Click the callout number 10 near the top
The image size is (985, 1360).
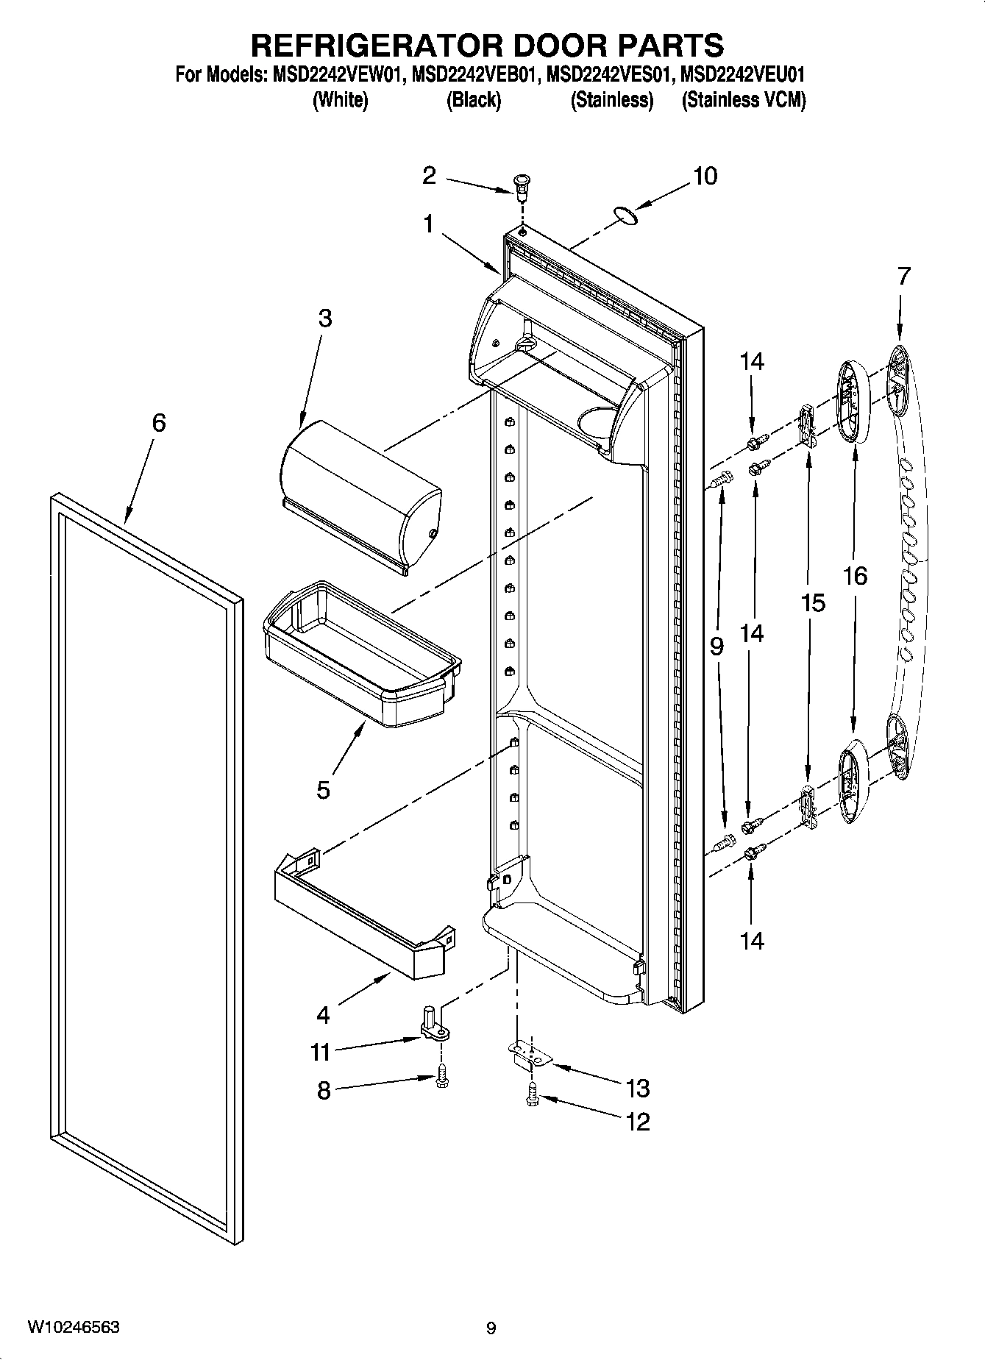tap(704, 177)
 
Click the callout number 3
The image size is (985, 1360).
tap(324, 318)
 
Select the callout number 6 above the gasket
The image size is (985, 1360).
tap(159, 423)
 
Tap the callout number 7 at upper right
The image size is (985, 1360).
tap(903, 277)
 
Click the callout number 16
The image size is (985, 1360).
tap(855, 576)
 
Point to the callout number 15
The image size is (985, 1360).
tap(813, 603)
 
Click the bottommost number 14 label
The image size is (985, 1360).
tap(752, 940)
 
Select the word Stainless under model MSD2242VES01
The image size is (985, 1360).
tap(612, 100)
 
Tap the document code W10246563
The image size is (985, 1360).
tap(74, 1328)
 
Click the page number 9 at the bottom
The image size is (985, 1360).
tap(491, 1328)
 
